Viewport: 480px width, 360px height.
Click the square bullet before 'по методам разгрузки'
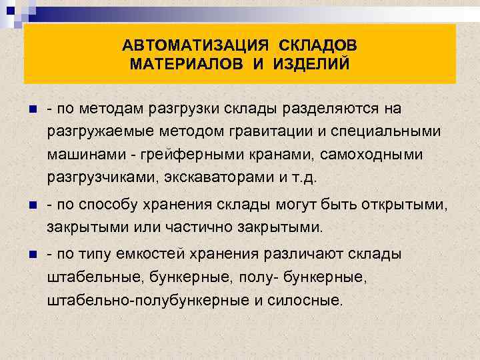[26, 109]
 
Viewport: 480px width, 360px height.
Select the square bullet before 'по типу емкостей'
[26, 255]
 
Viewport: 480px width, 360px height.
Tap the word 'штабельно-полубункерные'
[148, 300]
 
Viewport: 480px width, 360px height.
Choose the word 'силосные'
[307, 300]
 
